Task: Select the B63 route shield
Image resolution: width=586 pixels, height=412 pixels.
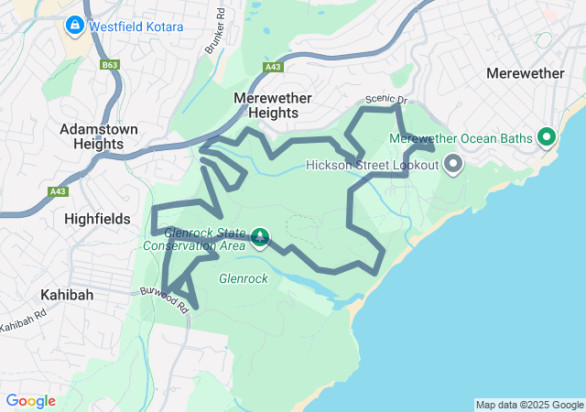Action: click(x=111, y=66)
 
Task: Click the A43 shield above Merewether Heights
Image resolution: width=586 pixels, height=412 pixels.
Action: click(x=272, y=67)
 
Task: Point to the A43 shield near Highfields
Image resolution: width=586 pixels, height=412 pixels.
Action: click(x=59, y=191)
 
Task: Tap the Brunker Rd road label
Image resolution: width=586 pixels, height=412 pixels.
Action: click(x=217, y=31)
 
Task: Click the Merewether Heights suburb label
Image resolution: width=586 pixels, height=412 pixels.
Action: click(x=273, y=105)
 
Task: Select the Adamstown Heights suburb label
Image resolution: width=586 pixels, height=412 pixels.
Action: click(x=99, y=136)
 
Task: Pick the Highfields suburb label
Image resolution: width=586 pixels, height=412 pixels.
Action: click(x=98, y=219)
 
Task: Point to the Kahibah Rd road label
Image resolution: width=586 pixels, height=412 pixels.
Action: click(x=22, y=320)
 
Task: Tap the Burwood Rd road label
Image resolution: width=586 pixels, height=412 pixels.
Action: click(x=165, y=300)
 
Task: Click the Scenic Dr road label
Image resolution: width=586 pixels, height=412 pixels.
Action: click(x=385, y=100)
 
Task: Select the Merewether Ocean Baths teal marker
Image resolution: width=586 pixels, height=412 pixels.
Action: click(x=548, y=138)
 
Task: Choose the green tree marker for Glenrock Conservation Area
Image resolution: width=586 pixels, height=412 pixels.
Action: click(x=260, y=238)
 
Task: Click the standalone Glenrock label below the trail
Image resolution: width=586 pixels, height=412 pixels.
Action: click(x=243, y=278)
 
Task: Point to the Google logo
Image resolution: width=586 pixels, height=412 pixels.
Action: click(x=30, y=401)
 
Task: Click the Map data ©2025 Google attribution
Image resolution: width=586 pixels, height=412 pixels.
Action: click(x=529, y=405)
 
